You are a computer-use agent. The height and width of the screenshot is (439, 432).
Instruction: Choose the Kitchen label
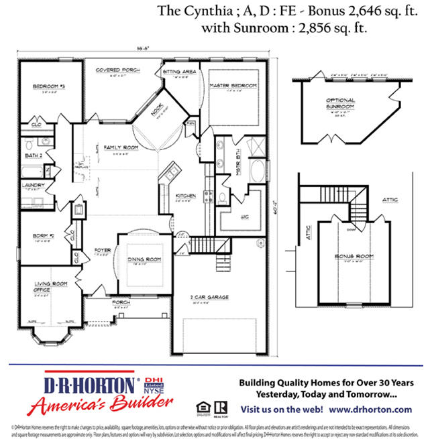(x=185, y=196)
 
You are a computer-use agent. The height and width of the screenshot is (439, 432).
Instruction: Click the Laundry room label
(x=33, y=185)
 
